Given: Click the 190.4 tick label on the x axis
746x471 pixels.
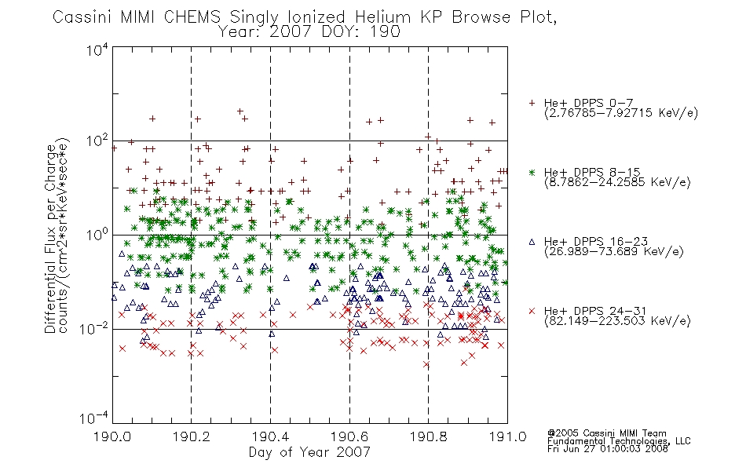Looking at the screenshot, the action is pyautogui.click(x=271, y=436).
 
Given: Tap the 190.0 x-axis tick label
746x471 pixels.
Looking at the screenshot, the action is pyautogui.click(x=112, y=436).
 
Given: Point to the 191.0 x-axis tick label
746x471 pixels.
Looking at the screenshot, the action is pyautogui.click(x=507, y=436).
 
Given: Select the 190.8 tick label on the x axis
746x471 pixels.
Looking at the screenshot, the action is pyautogui.click(x=429, y=436).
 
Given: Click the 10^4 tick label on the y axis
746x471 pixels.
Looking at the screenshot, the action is pyautogui.click(x=97, y=49).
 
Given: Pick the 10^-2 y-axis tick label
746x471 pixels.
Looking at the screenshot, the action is pyautogui.click(x=94, y=328).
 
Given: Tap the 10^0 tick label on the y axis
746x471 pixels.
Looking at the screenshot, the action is pyautogui.click(x=97, y=235).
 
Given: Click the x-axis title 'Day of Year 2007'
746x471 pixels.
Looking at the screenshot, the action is pyautogui.click(x=309, y=452).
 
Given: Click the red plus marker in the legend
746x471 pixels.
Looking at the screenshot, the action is pyautogui.click(x=532, y=103).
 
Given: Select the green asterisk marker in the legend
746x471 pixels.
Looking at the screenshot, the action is pyautogui.click(x=532, y=172).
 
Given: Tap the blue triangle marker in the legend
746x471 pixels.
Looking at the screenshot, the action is pyautogui.click(x=532, y=242).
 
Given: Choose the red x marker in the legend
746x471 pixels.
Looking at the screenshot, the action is pyautogui.click(x=532, y=311).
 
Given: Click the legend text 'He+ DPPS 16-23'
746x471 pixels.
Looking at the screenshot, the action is pyautogui.click(x=596, y=241).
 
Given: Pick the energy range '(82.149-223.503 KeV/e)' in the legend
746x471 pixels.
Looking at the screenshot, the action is pyautogui.click(x=617, y=321).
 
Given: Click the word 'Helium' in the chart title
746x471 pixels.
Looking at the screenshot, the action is pyautogui.click(x=382, y=17).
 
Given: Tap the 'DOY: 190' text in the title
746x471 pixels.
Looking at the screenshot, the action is pyautogui.click(x=361, y=32).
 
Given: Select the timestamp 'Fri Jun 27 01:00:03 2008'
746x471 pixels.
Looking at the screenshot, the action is pyautogui.click(x=608, y=449).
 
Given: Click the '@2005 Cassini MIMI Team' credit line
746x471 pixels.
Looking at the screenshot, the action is pyautogui.click(x=606, y=433).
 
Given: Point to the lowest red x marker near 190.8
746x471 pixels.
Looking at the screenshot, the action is pyautogui.click(x=426, y=365).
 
